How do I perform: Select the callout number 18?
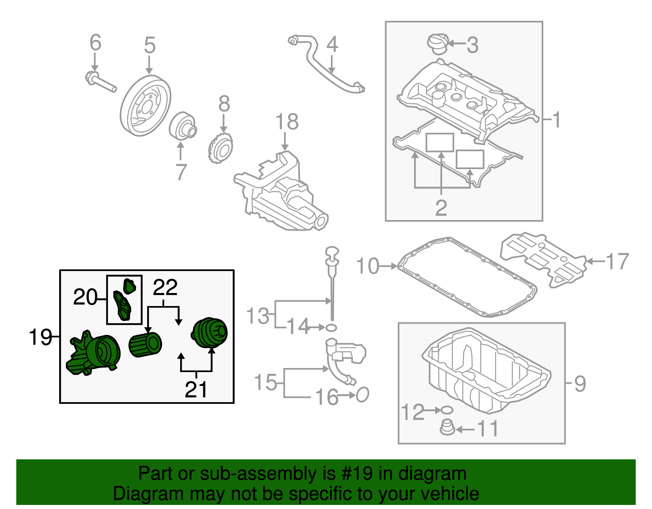[x=287, y=122]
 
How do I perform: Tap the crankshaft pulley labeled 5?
[x=145, y=106]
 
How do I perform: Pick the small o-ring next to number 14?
[x=331, y=327]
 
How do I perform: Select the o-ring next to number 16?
[x=362, y=394]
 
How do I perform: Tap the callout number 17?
[x=617, y=261]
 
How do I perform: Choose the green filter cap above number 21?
[x=210, y=333]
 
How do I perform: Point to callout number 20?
[x=85, y=297]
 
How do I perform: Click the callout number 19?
[x=40, y=337]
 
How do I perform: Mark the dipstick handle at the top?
[x=332, y=253]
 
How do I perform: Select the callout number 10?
[x=368, y=266]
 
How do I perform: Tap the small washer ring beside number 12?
[x=447, y=410]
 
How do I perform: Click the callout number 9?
[x=580, y=383]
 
